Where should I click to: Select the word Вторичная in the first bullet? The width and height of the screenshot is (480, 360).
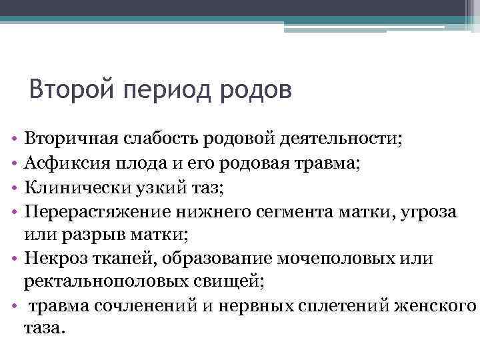click(70, 139)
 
